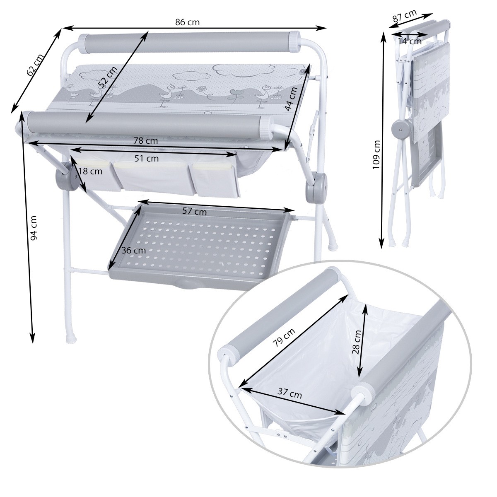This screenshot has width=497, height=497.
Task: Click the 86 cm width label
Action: [188, 22]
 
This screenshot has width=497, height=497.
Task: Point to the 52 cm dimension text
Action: [108, 76]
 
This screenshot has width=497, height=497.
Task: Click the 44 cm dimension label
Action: [291, 99]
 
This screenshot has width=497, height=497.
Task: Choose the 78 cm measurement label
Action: [145, 141]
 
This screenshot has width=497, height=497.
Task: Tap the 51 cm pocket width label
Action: [147, 158]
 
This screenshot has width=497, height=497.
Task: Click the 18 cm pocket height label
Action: [90, 171]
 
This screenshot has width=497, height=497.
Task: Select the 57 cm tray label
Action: [195, 212]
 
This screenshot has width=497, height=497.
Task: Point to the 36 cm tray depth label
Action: [134, 250]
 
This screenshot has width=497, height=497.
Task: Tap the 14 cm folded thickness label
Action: [410, 41]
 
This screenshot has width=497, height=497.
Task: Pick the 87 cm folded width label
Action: [405, 16]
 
